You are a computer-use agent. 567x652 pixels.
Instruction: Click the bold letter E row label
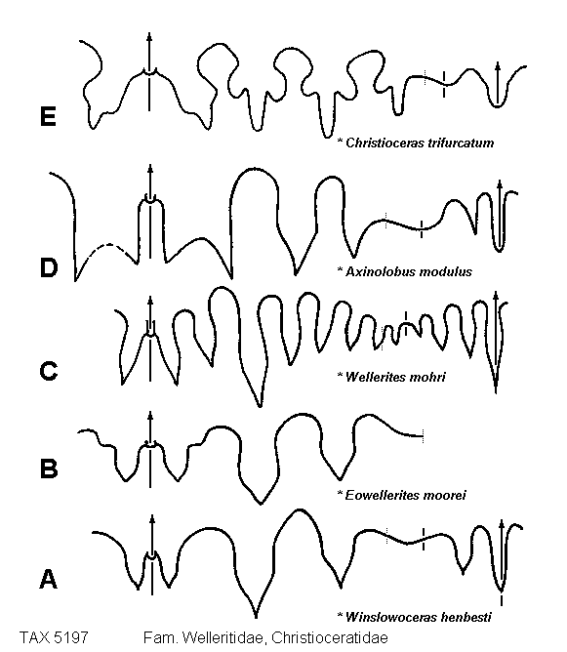(48, 116)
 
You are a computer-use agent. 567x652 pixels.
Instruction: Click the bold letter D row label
(49, 267)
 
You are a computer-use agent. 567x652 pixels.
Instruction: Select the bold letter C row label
(49, 371)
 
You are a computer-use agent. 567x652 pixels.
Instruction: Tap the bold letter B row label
(49, 469)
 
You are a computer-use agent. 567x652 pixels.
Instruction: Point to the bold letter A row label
(48, 579)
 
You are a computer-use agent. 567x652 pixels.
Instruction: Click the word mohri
(427, 377)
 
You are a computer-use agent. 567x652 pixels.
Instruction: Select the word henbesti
(466, 617)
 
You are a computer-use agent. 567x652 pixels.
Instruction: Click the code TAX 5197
(54, 637)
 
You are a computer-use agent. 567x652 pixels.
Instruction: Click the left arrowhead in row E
(149, 35)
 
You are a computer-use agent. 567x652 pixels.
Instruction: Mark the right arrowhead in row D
(500, 184)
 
